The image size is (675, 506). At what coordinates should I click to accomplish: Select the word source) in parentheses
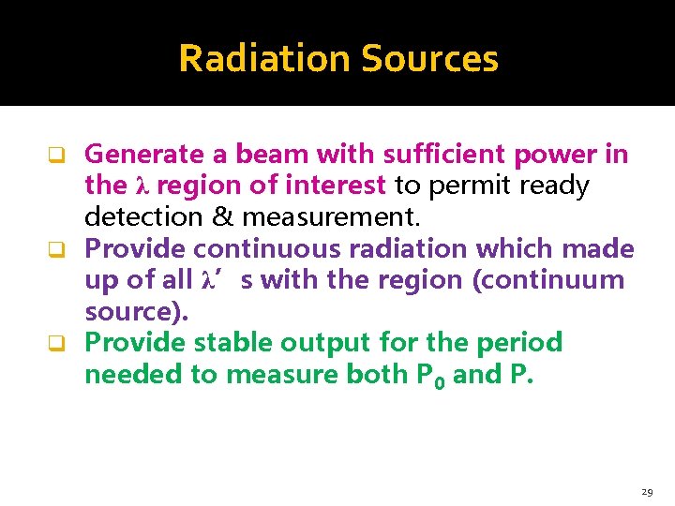[x=136, y=311]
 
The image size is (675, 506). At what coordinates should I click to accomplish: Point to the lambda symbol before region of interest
[x=143, y=186]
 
